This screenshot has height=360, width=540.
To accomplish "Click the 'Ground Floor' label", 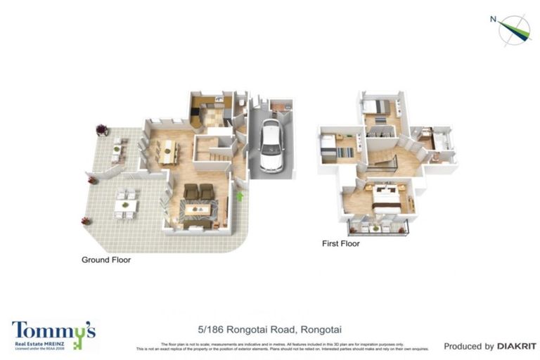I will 106,259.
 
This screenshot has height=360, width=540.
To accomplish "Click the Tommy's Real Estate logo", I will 53,335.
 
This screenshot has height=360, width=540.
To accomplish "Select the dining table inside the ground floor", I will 167,151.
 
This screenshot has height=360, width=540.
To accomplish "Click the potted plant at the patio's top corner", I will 103,129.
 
